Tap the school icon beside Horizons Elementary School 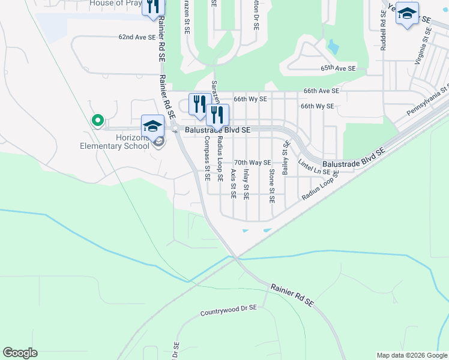click(x=152, y=126)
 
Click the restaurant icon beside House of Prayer click(x=153, y=6)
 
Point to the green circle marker click(x=97, y=121)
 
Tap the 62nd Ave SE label click(x=137, y=37)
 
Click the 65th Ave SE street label click(x=339, y=68)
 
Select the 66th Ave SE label click(x=321, y=91)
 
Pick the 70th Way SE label click(x=253, y=163)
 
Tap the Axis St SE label click(x=234, y=183)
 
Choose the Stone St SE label click(x=272, y=185)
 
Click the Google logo click(x=20, y=353)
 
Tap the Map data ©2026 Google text click(x=412, y=355)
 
